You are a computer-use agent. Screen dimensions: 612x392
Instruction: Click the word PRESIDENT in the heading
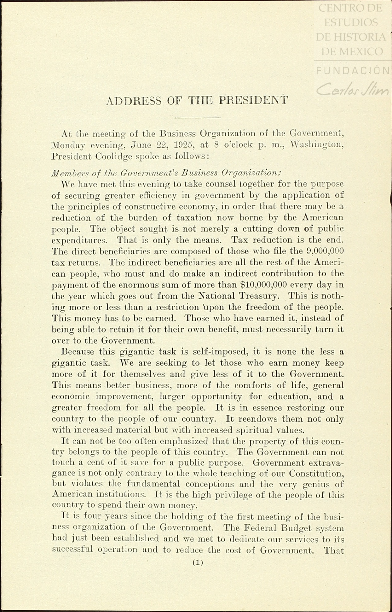[x=253, y=100]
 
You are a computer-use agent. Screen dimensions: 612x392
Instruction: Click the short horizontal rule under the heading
[x=197, y=118]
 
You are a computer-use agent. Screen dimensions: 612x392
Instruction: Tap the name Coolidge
[x=113, y=156]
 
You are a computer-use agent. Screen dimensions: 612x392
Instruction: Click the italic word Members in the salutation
[x=68, y=173]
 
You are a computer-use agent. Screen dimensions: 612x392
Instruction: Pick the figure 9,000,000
[x=325, y=251]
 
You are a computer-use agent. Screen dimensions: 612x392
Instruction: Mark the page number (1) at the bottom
[x=198, y=562]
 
